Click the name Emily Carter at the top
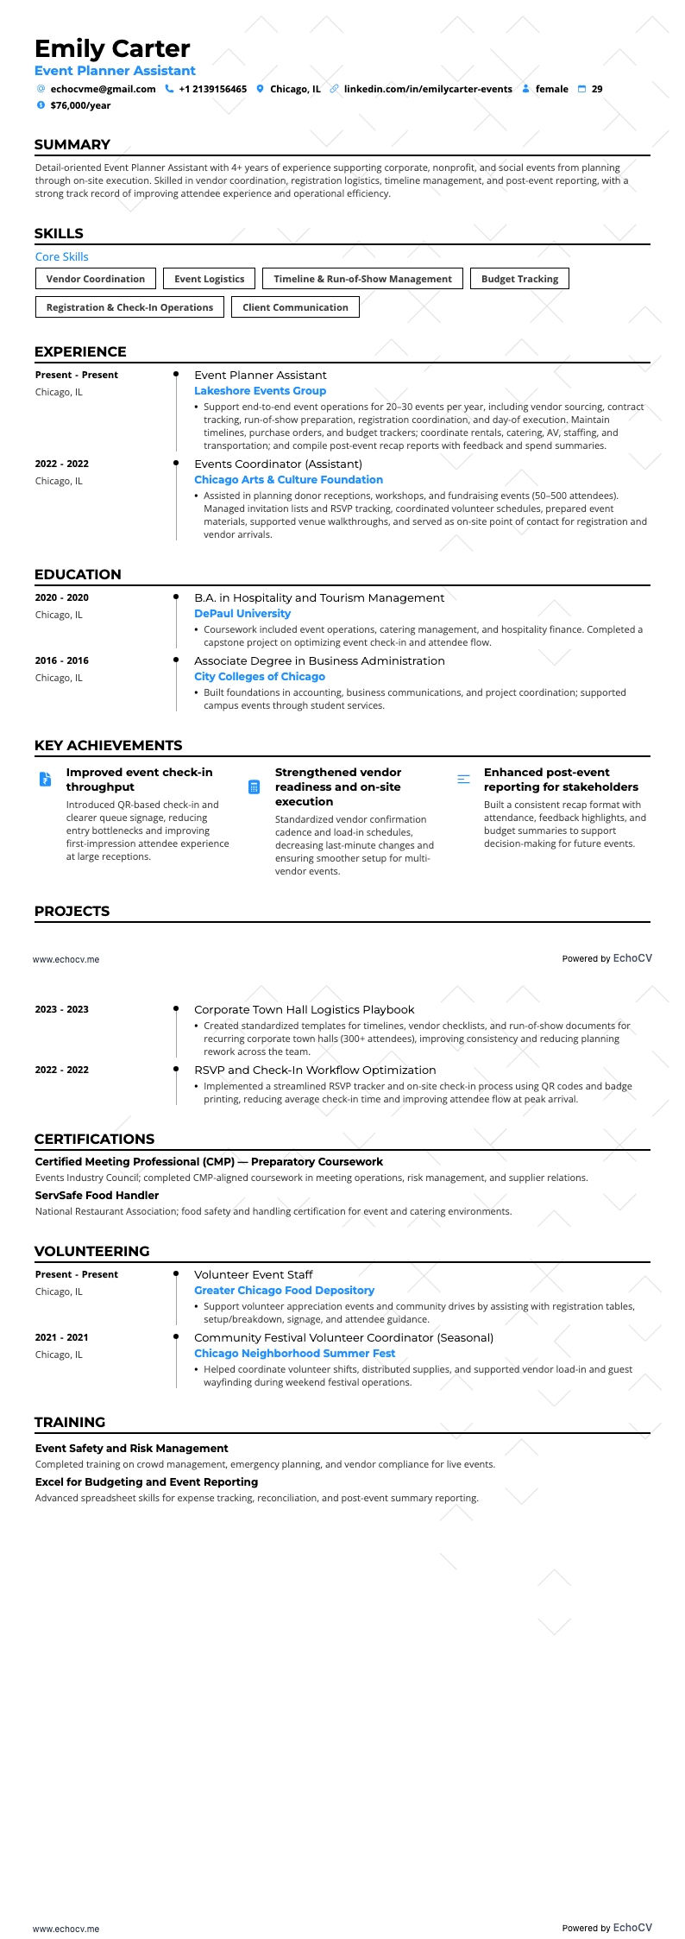[x=112, y=48]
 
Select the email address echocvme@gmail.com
[x=103, y=89]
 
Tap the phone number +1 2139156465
[x=212, y=89]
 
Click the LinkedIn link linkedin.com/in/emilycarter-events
[x=427, y=89]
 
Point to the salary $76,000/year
[x=80, y=105]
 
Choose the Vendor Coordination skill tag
[x=96, y=279]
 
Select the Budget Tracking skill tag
[x=519, y=279]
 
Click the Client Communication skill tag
[x=295, y=307]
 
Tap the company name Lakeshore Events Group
[x=260, y=391]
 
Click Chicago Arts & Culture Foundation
[x=288, y=480]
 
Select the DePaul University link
[x=242, y=614]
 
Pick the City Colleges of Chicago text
[x=260, y=677]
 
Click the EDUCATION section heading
[x=78, y=574]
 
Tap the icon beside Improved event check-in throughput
[x=45, y=779]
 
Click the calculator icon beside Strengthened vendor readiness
[x=254, y=786]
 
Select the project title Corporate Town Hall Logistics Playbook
[x=304, y=1009]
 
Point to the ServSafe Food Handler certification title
[x=97, y=1196]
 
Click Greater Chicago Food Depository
[x=284, y=1291]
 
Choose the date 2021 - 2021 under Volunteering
[x=61, y=1337]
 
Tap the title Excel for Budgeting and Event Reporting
[x=147, y=1482]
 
